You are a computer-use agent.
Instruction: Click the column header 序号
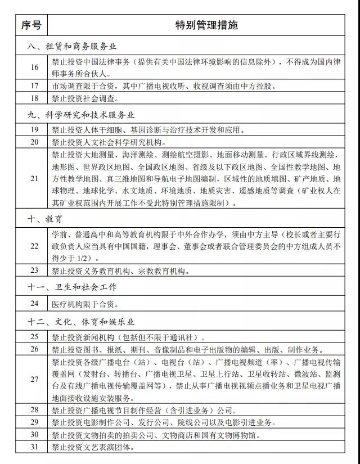point(31,25)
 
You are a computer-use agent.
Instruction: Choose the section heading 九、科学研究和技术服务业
point(82,115)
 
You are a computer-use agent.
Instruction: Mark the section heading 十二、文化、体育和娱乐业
point(82,322)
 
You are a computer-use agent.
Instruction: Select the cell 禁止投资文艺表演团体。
point(93,448)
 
